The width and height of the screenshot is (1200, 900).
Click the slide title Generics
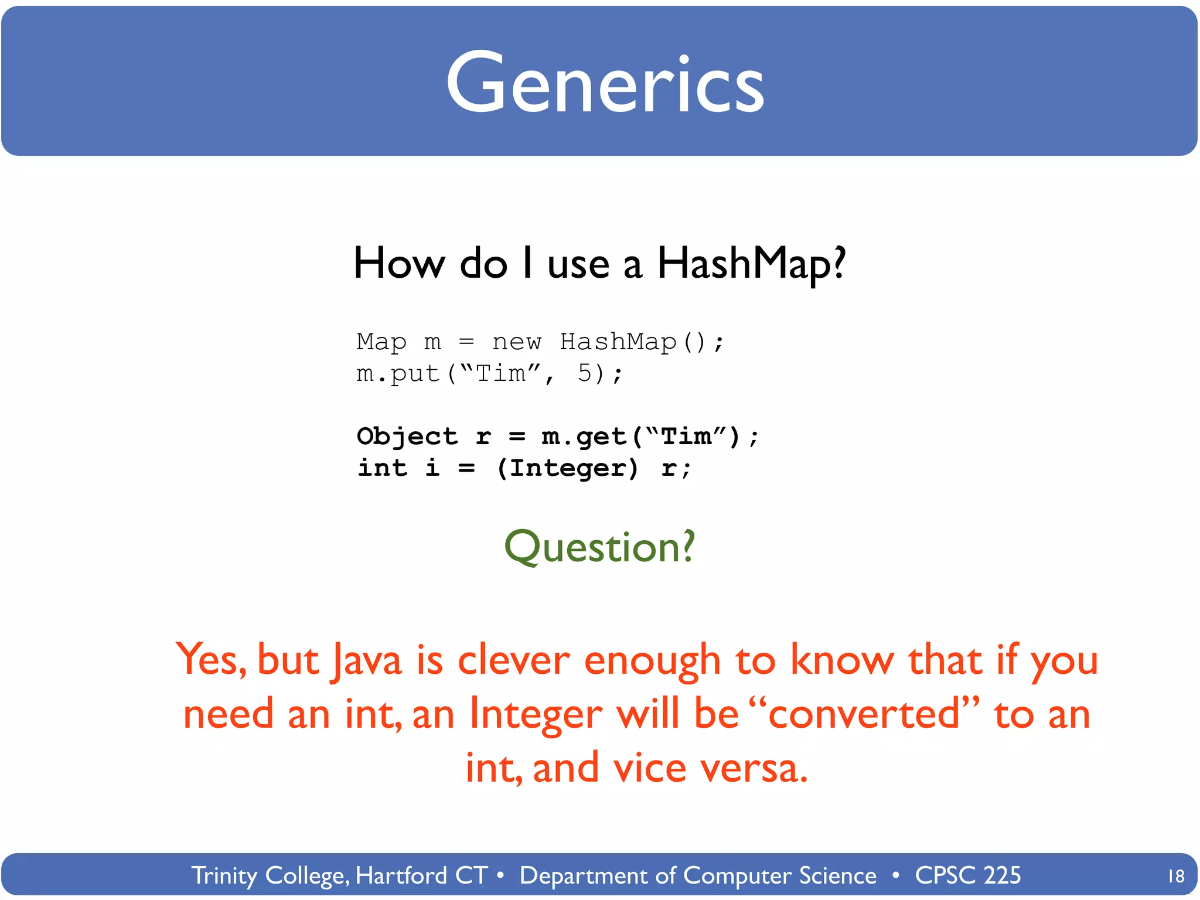[605, 83]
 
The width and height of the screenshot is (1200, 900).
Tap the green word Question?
[599, 547]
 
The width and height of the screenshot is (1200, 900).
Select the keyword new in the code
[517, 342]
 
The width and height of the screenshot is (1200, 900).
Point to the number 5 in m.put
[585, 373]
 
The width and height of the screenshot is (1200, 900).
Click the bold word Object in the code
[407, 437]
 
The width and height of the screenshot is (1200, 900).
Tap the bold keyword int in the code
[382, 468]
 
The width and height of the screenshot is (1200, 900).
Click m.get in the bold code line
[584, 437]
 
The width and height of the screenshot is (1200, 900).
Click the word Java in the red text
[366, 660]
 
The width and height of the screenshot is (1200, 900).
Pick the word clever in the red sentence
[513, 660]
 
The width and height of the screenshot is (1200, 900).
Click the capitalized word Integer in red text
[536, 714]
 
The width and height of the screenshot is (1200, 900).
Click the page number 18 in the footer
[1175, 877]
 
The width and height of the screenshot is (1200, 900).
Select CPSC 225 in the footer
[967, 875]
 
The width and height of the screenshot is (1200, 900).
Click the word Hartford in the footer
[401, 875]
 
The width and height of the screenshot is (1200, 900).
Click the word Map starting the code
[381, 342]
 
